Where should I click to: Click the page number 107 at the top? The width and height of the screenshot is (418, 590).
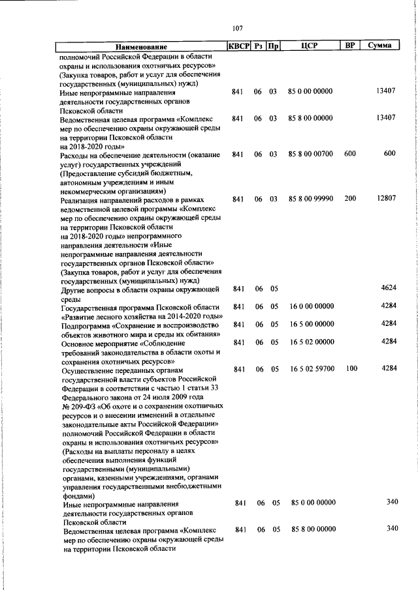click(x=237, y=28)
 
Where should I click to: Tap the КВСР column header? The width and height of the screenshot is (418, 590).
click(x=238, y=46)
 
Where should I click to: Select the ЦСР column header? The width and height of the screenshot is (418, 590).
click(x=310, y=46)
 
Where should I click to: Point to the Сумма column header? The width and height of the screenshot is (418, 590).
click(x=379, y=46)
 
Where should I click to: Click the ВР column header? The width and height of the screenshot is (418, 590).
click(x=350, y=46)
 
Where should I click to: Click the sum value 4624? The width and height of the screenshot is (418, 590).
click(x=389, y=288)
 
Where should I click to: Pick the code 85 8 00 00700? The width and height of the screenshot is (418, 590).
click(x=310, y=154)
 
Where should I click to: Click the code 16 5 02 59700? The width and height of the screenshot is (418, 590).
click(x=312, y=369)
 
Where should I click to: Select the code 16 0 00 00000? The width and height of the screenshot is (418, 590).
click(x=312, y=306)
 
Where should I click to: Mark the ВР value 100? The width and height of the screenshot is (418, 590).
click(x=351, y=369)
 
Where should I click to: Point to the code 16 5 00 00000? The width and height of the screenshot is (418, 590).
click(x=312, y=324)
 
